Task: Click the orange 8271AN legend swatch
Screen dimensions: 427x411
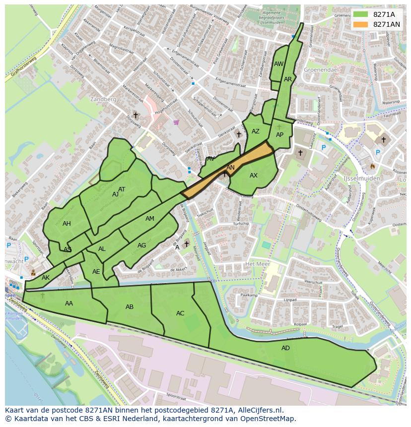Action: tap(360, 24)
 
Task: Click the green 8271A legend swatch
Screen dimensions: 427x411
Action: tap(360, 14)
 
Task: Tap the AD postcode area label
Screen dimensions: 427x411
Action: tap(285, 348)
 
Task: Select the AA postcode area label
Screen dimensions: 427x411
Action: tap(69, 304)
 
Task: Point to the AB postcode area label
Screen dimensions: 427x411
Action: tap(130, 307)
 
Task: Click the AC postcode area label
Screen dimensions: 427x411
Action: tap(180, 313)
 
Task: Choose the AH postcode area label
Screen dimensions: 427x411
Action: tap(67, 224)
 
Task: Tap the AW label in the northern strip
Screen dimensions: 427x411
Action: tap(278, 64)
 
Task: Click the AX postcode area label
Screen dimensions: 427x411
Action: tap(254, 176)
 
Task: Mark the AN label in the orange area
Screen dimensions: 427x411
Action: tap(230, 168)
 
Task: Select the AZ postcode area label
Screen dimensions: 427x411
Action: tap(256, 131)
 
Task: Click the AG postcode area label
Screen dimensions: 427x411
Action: tap(142, 245)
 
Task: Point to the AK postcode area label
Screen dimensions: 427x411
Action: tap(46, 278)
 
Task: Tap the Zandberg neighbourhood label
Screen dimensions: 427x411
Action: tap(103, 99)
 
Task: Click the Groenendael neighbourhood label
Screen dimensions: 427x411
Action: tap(321, 70)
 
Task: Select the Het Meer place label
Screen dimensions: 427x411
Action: tap(257, 264)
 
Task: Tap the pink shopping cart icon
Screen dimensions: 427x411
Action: tap(176, 122)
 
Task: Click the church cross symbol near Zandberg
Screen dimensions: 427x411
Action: tap(136, 115)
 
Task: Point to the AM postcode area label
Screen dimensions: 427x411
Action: tap(150, 219)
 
